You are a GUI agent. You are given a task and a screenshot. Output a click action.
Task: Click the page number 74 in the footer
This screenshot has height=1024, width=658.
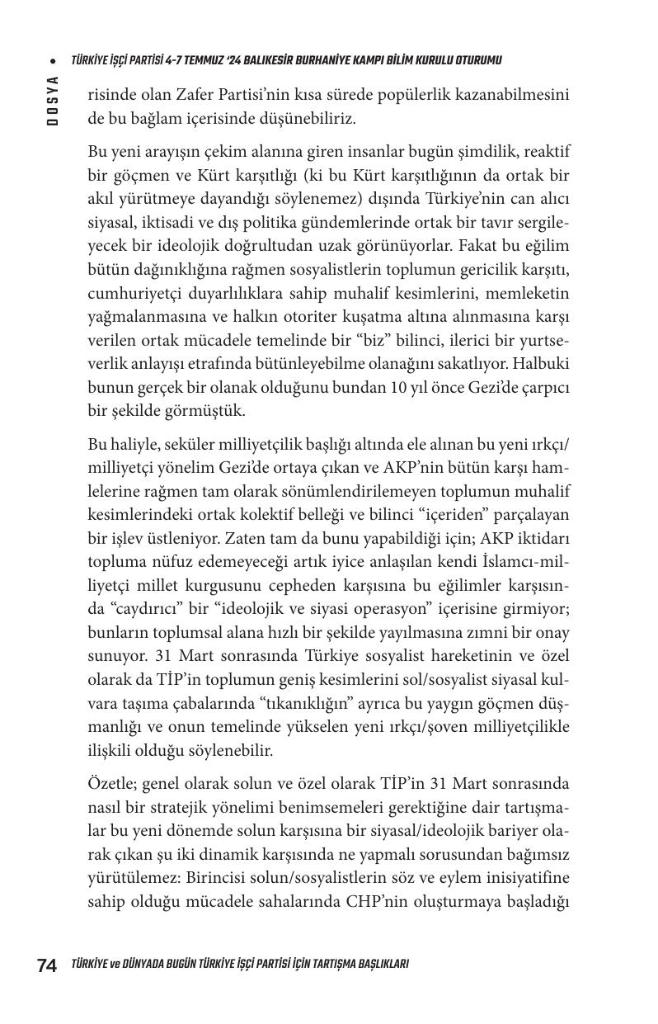tap(47, 965)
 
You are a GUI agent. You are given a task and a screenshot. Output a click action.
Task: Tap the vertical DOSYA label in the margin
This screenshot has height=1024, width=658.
tap(52, 100)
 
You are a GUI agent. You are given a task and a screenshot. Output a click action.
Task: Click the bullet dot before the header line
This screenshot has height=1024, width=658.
tap(53, 61)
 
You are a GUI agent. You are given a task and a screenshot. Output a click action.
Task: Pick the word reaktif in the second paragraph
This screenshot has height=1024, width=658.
tap(543, 153)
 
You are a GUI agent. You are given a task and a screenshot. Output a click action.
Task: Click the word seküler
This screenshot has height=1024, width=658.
tap(171, 444)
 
